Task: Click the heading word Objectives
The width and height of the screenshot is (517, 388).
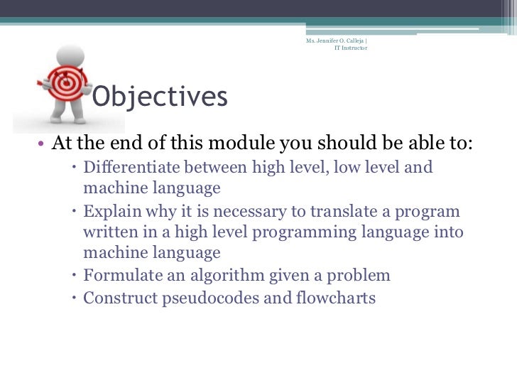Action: [160, 97]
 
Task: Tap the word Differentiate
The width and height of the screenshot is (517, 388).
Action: [130, 168]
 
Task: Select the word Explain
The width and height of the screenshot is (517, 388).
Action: [109, 212]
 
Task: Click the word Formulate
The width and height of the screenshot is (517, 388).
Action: [117, 276]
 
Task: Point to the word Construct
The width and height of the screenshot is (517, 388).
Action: [115, 298]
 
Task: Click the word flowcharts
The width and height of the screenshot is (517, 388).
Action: [334, 298]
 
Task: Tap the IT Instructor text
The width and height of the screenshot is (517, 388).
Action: [351, 49]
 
